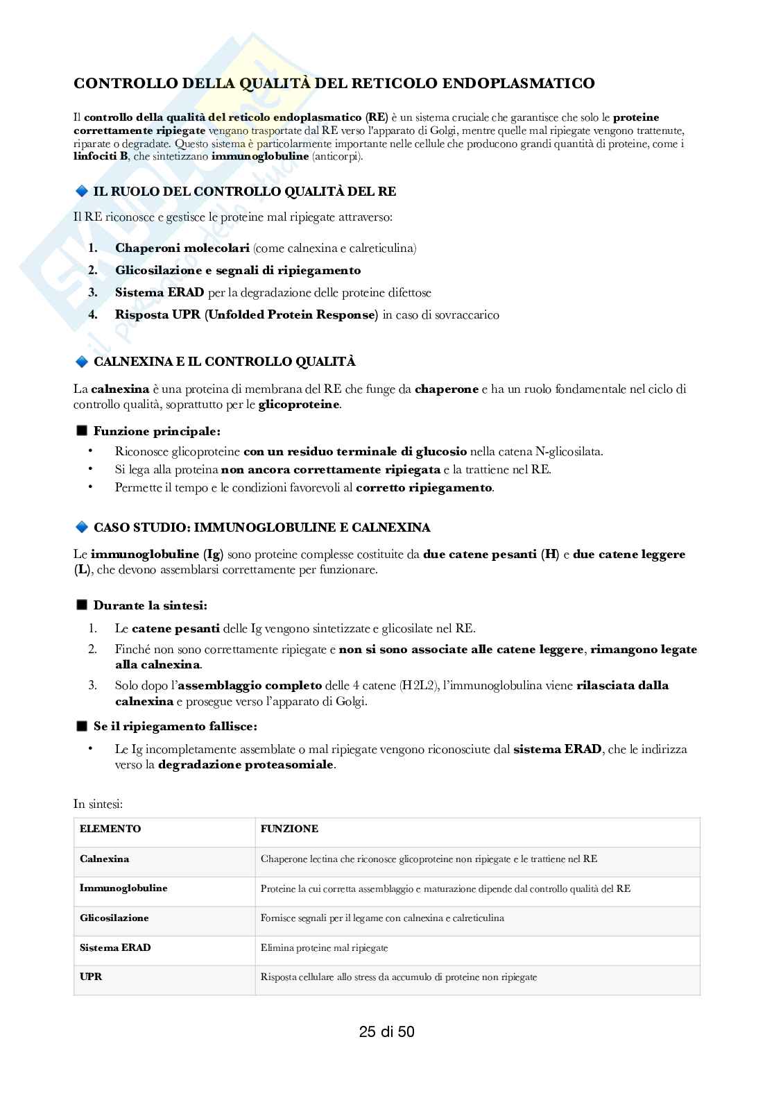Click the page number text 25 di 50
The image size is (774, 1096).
click(x=386, y=1031)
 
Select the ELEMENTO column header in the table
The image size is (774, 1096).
click(x=110, y=829)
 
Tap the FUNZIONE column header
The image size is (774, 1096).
click(x=289, y=829)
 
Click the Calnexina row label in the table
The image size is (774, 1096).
click(x=104, y=859)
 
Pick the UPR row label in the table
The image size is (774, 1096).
click(x=91, y=977)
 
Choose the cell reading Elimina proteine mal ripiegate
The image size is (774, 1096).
click(x=324, y=947)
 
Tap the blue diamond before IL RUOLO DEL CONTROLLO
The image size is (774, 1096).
click(x=81, y=192)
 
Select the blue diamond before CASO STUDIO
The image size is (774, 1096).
click(x=81, y=528)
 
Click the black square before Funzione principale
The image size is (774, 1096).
click(x=82, y=431)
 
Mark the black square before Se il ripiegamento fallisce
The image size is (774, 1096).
click(x=82, y=726)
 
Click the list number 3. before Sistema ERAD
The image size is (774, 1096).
click(x=93, y=292)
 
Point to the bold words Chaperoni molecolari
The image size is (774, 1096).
click(x=182, y=248)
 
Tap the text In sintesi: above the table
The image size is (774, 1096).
click(x=98, y=804)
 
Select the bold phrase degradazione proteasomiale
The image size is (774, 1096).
click(x=246, y=765)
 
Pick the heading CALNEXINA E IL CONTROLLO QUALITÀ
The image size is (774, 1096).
click(x=224, y=362)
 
